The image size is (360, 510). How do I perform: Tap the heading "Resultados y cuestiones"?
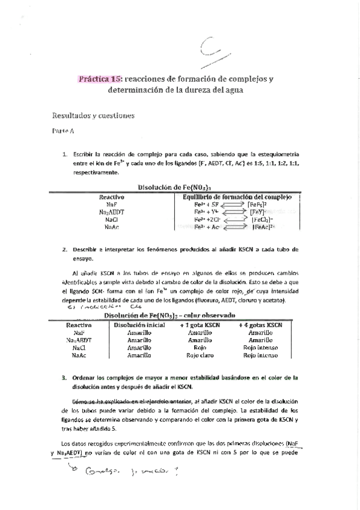93,114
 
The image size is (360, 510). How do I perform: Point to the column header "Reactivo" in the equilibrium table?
111,197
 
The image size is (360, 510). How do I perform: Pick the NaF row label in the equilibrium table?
111,204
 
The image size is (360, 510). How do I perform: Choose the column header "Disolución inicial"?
139,324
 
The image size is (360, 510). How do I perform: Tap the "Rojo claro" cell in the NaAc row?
200,355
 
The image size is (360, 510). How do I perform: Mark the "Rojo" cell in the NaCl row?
200,348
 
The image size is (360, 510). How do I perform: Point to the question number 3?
64,378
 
